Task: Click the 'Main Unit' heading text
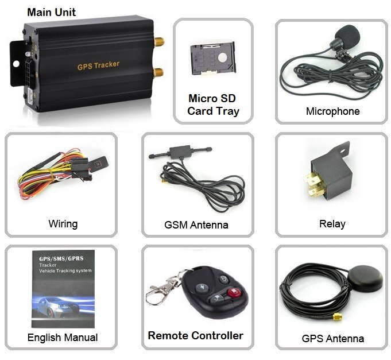[51, 12]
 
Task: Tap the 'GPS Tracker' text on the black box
[98, 65]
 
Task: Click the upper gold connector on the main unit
[158, 42]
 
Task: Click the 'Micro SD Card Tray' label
[212, 105]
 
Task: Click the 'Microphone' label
[332, 111]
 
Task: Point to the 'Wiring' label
[63, 224]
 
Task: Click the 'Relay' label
[332, 224]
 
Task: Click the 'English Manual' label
[63, 338]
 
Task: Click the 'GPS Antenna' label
[332, 338]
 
